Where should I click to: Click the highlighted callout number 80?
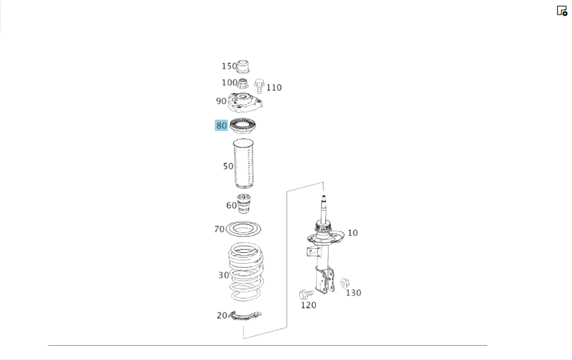click(221, 125)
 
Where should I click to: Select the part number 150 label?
click(229, 66)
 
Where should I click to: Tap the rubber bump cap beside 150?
click(243, 66)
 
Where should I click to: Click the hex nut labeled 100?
click(243, 84)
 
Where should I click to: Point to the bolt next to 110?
click(259, 86)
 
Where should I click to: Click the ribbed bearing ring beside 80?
click(243, 125)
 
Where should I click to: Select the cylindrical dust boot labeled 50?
click(243, 164)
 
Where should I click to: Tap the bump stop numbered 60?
click(244, 204)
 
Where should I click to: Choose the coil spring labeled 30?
click(245, 272)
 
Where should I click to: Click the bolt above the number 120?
click(305, 294)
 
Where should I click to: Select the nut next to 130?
click(345, 283)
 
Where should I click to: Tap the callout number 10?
click(352, 233)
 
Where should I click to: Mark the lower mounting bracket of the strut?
click(325, 280)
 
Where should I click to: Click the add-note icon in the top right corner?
click(562, 10)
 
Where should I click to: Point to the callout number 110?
click(274, 88)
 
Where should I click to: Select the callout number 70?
click(219, 230)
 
